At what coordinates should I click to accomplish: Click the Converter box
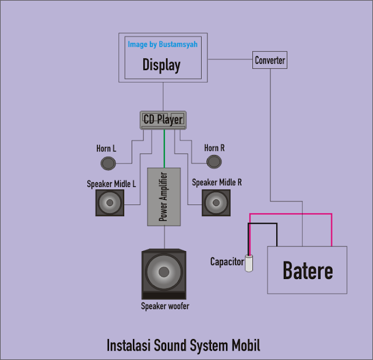click(270, 60)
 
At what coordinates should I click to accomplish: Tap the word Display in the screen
click(161, 65)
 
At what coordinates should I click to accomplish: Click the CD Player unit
click(163, 120)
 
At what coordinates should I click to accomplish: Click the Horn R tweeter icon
click(213, 161)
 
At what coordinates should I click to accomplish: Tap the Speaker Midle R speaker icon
click(216, 203)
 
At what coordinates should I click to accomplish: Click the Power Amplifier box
click(164, 196)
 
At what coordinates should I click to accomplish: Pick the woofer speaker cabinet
click(164, 274)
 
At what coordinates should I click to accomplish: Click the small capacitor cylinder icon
click(249, 263)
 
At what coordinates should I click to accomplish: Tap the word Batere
click(308, 271)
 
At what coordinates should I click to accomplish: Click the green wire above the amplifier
click(164, 149)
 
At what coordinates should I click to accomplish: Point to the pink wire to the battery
click(291, 214)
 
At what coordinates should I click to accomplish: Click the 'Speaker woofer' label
click(165, 306)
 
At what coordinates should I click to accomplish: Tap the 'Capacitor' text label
click(227, 262)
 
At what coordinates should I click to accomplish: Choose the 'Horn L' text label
click(106, 149)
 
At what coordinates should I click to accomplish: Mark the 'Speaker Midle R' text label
click(217, 182)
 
